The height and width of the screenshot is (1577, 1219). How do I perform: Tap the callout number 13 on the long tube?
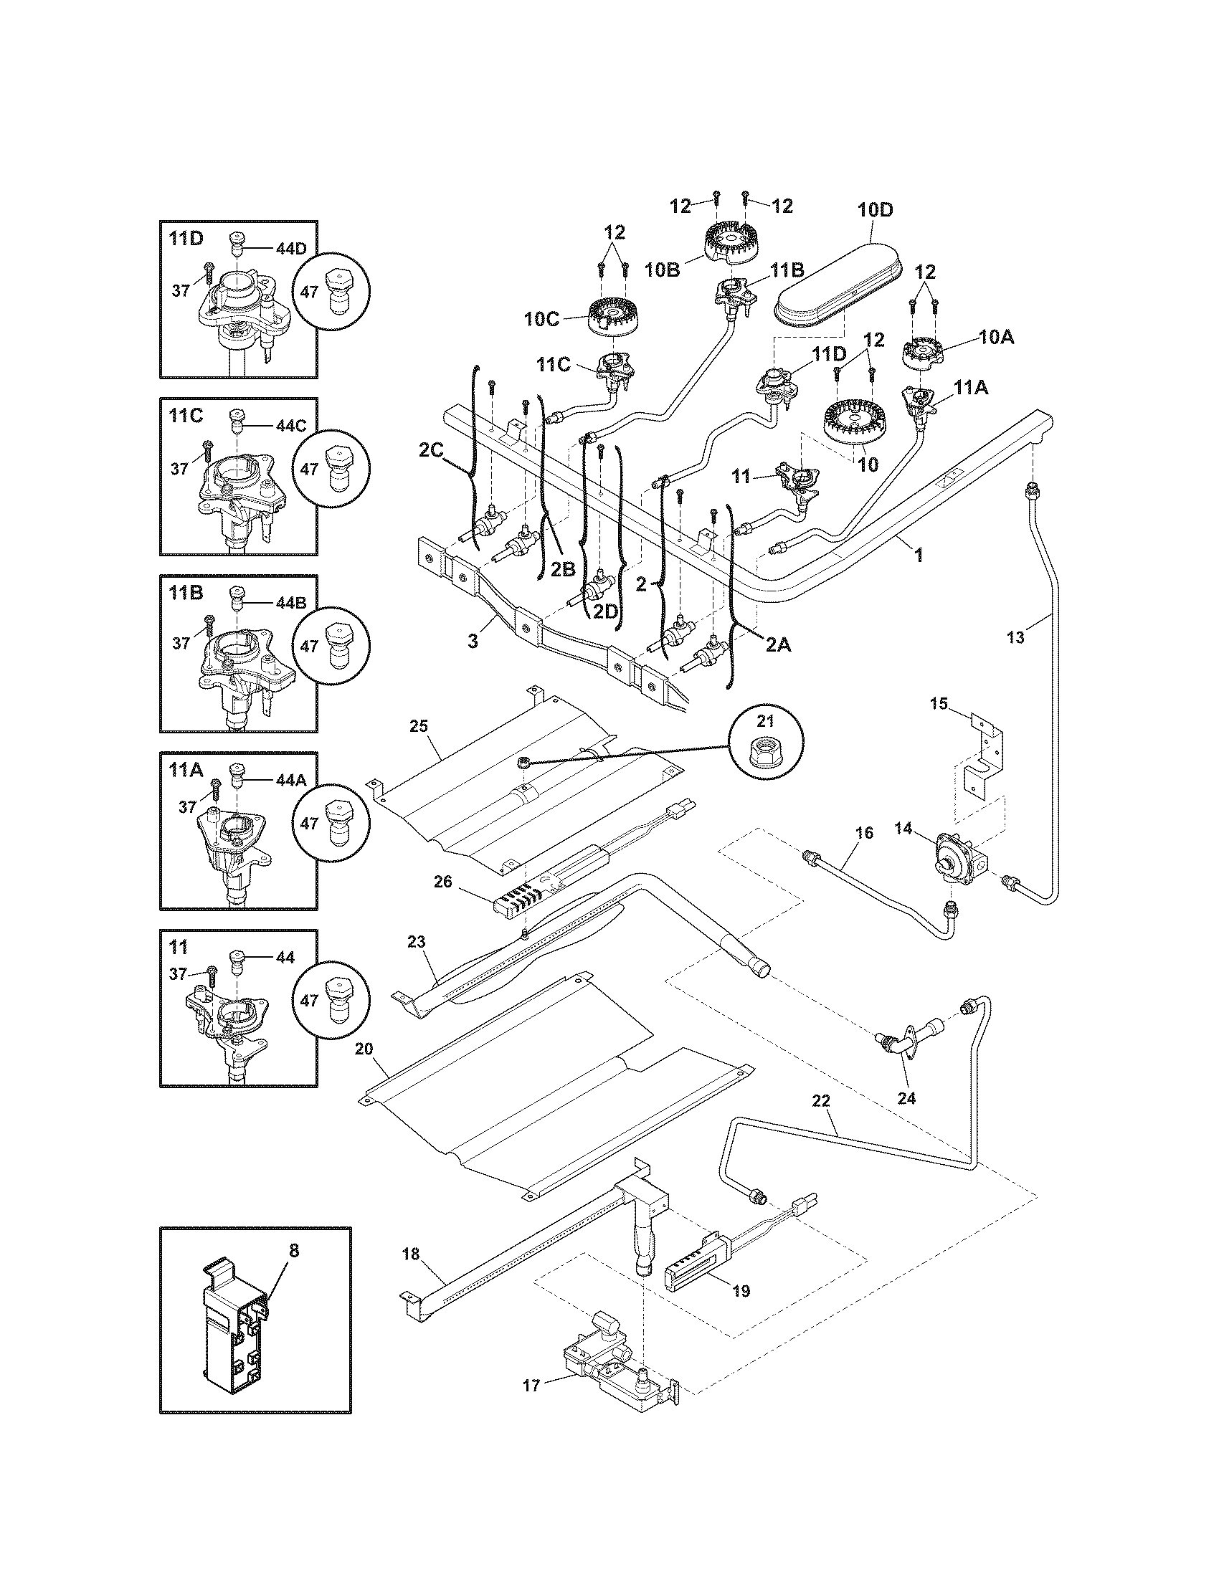pyautogui.click(x=1015, y=637)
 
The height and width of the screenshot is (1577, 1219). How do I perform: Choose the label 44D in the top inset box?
pyautogui.click(x=290, y=249)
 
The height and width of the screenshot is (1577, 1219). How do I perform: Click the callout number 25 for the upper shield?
pyautogui.click(x=419, y=725)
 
